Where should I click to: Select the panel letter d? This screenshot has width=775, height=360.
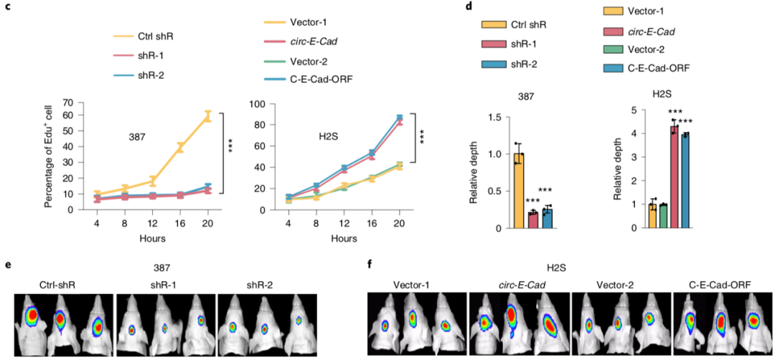(x=469, y=6)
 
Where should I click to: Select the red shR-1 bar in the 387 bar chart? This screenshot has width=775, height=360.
(x=533, y=220)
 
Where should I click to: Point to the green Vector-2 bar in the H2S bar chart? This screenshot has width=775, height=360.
(x=662, y=216)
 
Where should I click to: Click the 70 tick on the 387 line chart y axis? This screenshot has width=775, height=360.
(x=68, y=104)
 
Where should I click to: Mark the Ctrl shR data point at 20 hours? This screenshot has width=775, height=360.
(x=208, y=117)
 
